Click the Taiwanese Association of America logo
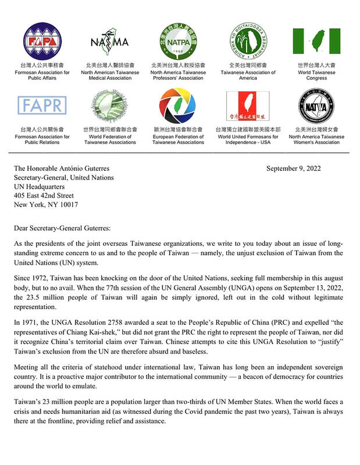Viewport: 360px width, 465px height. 248,40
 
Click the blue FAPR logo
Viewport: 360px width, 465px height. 42,105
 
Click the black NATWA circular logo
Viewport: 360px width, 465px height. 316,105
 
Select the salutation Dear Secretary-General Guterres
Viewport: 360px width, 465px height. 67,229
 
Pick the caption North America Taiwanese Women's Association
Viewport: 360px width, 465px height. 316,139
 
